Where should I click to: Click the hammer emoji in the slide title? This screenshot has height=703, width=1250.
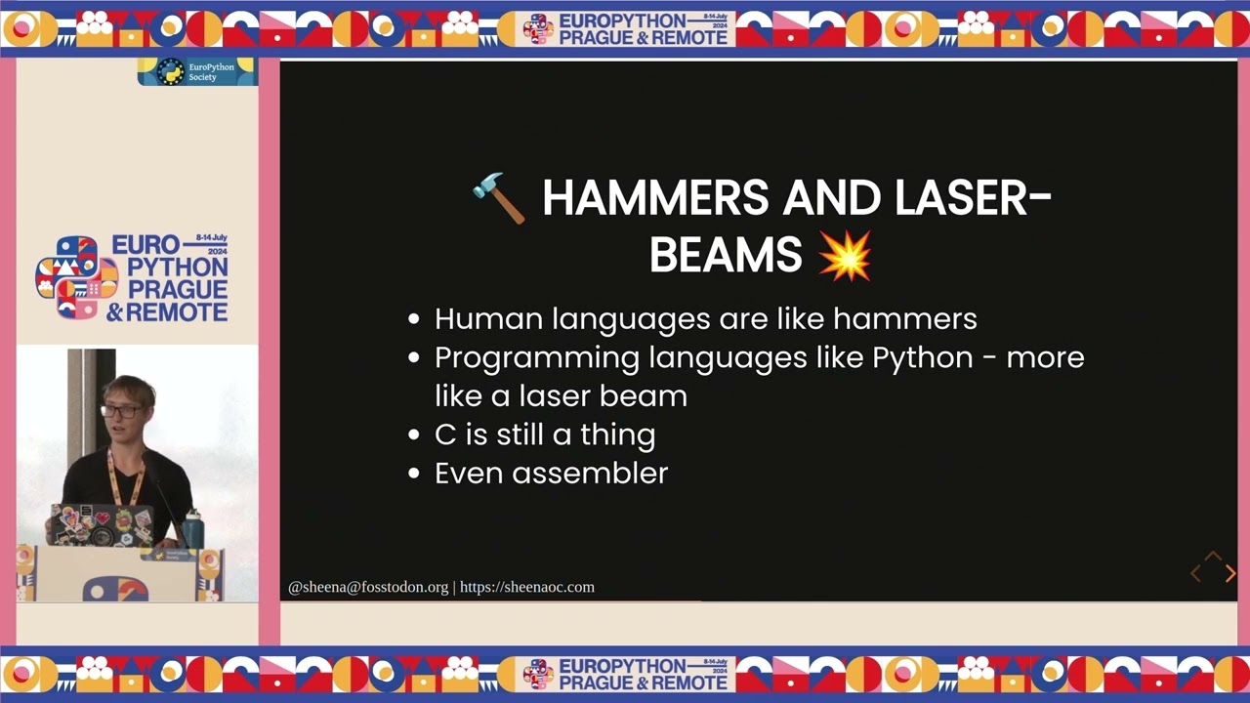(x=499, y=198)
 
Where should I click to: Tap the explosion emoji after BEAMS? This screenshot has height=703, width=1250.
(x=845, y=256)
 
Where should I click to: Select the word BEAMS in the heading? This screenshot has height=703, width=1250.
(x=725, y=256)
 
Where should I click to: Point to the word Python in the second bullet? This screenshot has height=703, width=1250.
(x=922, y=357)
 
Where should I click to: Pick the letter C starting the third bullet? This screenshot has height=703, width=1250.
(x=444, y=434)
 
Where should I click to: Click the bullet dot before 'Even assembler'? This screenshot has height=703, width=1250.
(x=415, y=475)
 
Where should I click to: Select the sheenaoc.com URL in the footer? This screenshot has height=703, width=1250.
(x=526, y=587)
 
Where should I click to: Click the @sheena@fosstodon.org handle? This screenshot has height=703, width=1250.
(x=368, y=587)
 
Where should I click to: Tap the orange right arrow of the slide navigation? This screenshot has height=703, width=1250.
(x=1229, y=574)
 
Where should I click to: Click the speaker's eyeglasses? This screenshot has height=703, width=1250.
(x=121, y=411)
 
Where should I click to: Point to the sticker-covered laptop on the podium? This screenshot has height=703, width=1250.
(x=102, y=525)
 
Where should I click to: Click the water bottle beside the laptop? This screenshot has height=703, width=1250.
(x=191, y=528)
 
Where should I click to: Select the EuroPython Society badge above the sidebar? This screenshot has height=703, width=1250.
(x=196, y=72)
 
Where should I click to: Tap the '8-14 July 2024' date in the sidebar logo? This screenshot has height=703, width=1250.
(x=211, y=243)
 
